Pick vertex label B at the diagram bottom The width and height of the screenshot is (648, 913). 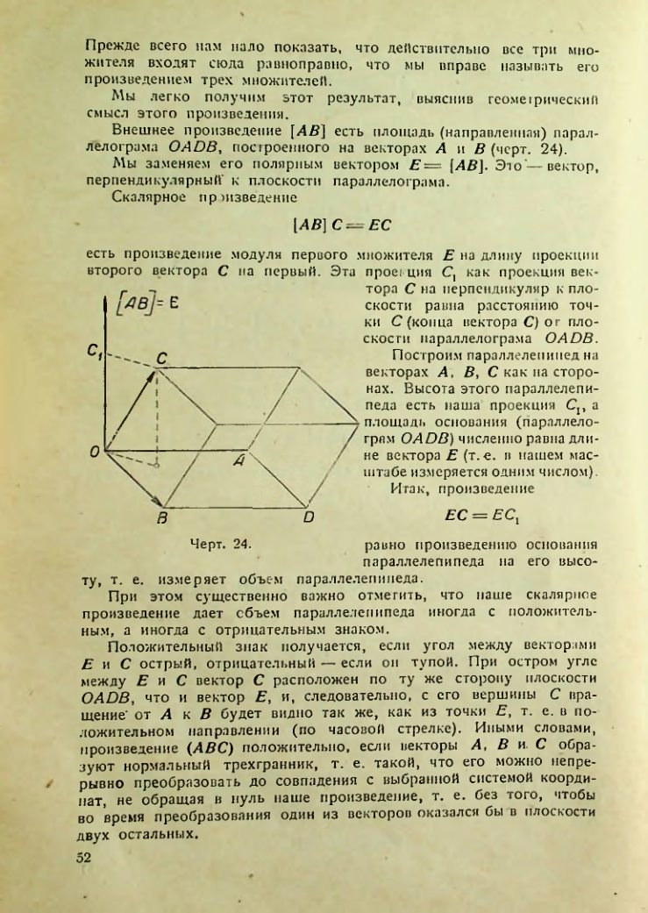coord(161,519)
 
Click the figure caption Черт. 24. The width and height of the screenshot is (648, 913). coord(219,544)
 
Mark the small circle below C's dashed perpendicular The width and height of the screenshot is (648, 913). coord(157,465)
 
